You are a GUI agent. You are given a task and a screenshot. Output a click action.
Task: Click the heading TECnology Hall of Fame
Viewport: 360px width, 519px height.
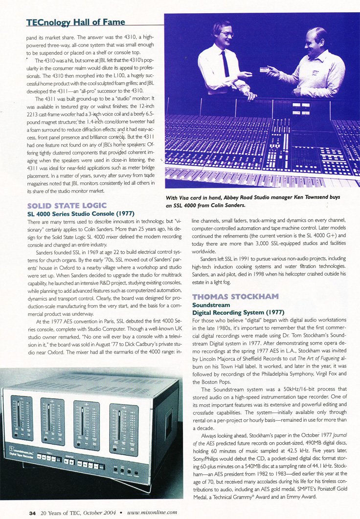75,22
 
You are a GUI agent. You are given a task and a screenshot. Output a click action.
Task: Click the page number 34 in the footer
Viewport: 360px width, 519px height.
32,513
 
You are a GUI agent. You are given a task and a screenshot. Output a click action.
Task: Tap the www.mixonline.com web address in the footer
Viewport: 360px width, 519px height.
152,513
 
